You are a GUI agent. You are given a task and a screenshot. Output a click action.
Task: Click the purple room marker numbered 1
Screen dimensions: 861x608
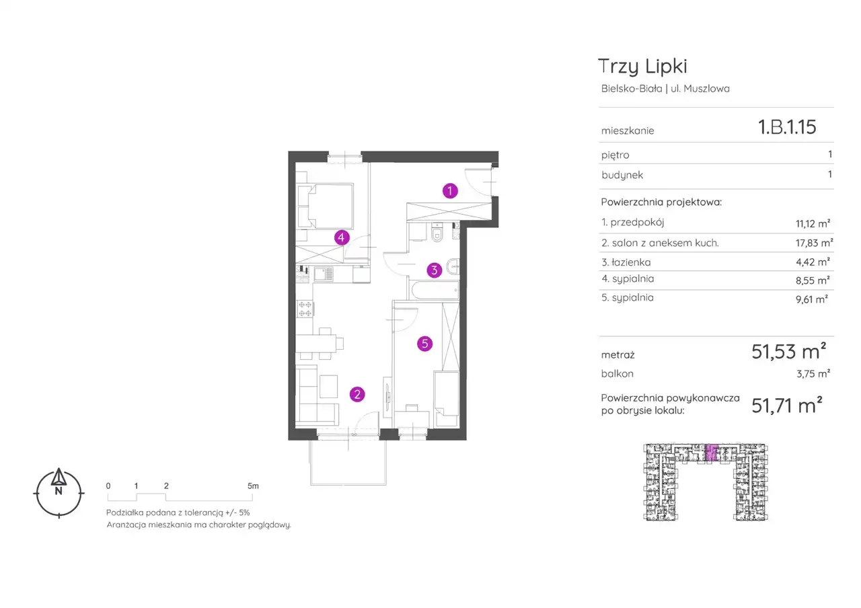[450, 190]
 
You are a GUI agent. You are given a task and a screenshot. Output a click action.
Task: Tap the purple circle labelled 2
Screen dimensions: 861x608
[357, 394]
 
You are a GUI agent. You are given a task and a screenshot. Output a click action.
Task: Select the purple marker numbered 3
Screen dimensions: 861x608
[435, 270]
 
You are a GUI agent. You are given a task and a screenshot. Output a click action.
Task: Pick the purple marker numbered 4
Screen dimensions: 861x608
[341, 237]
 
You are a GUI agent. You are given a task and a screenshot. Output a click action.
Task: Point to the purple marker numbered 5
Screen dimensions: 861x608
[424, 344]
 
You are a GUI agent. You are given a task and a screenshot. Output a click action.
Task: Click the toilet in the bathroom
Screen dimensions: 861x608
[437, 232]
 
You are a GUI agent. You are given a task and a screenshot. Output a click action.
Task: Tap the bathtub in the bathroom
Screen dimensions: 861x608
[435, 290]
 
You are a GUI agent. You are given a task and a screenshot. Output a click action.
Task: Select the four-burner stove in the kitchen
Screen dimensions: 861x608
[305, 309]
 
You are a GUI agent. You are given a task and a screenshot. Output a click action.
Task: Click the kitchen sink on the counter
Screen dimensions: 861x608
[324, 274]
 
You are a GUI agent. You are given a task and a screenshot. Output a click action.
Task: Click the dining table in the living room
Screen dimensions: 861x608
[316, 343]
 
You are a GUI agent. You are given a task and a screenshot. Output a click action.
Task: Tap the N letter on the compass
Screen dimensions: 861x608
[59, 491]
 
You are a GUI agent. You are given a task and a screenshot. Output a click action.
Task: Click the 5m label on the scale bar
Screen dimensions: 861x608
[253, 486]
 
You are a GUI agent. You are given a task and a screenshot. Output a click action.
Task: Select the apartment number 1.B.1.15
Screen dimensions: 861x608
[787, 127]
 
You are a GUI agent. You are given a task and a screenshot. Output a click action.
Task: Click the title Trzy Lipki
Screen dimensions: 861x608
[642, 67]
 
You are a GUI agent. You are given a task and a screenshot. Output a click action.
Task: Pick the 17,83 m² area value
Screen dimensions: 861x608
[814, 243]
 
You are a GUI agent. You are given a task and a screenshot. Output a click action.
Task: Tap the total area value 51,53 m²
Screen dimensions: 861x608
[789, 351]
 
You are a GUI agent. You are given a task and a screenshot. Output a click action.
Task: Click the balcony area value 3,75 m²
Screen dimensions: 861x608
[813, 373]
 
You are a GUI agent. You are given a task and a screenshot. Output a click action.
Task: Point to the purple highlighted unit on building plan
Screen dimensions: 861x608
[712, 453]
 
